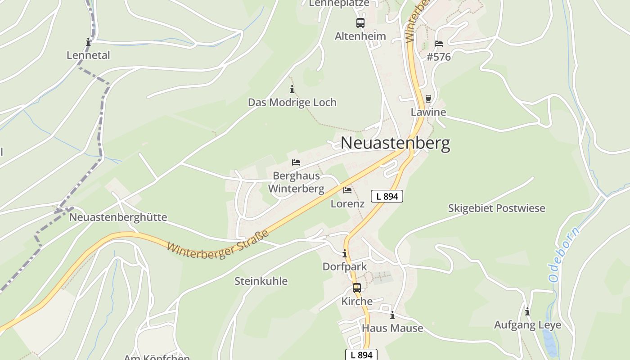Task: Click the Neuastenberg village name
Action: pos(395,143)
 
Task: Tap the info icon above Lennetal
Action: pos(88,42)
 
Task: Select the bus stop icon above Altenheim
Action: pos(360,22)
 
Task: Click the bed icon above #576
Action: pos(439,44)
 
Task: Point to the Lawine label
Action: pos(428,112)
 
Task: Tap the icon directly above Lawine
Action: pos(428,99)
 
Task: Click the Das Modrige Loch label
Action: pos(292,102)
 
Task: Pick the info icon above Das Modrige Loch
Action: pos(292,89)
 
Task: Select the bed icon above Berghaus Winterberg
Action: pos(296,162)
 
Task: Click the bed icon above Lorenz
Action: pos(347,190)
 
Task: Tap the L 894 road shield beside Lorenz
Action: pos(387,196)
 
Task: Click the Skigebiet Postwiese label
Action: pos(496,208)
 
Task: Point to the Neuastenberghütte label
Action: pos(118,217)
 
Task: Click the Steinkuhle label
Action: pos(261,281)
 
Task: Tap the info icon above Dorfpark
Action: pos(345,254)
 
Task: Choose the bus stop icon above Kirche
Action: pos(356,288)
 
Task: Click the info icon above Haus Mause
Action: pos(392,315)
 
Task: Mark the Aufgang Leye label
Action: pos(527,325)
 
